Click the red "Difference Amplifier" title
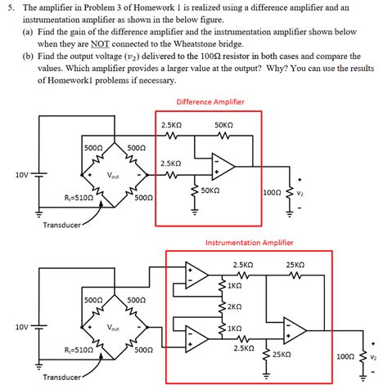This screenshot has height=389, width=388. [x=210, y=102]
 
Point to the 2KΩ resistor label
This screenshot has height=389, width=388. [x=234, y=306]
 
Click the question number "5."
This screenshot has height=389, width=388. [x=9, y=7]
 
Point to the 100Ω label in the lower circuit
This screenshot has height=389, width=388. [x=346, y=357]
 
